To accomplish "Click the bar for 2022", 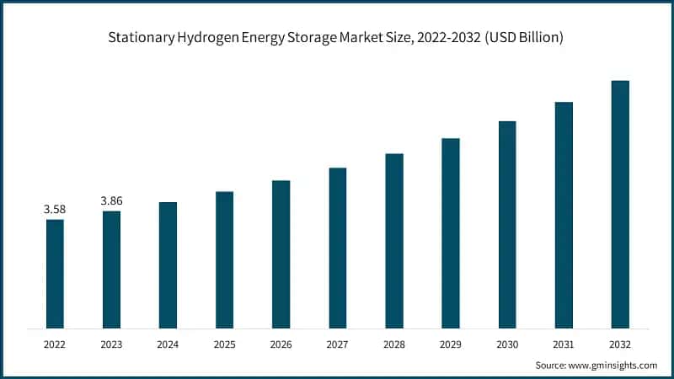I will click(x=55, y=274).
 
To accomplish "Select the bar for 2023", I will click(x=111, y=270).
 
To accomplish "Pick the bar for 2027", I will click(x=337, y=248).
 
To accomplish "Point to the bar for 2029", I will click(x=451, y=233).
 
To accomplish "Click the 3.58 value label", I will click(x=55, y=209).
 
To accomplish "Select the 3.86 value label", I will click(x=111, y=200).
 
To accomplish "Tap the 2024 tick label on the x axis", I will click(x=168, y=344).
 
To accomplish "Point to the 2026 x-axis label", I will click(x=281, y=344).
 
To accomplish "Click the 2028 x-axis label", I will click(x=394, y=344).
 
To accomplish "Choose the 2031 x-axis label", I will click(x=564, y=344).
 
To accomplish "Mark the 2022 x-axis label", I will click(x=55, y=344).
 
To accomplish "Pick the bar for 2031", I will click(x=564, y=215).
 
